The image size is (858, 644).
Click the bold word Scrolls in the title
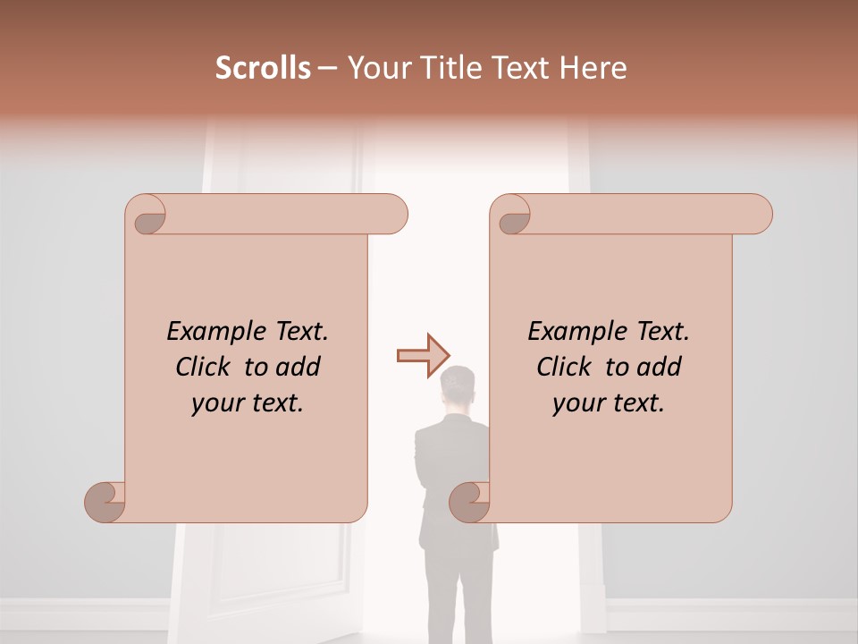(x=263, y=68)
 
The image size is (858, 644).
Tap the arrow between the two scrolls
(x=422, y=355)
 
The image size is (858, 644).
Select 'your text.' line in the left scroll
(x=247, y=403)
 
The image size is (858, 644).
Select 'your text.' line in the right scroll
(x=608, y=403)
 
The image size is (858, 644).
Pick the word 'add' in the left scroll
(x=299, y=367)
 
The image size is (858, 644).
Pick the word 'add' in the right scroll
(x=660, y=367)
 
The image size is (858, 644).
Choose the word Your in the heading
(x=376, y=68)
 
